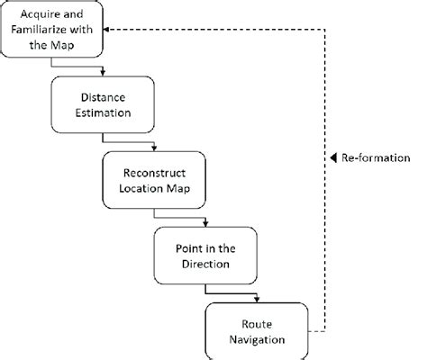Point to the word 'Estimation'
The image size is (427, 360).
tap(105, 115)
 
